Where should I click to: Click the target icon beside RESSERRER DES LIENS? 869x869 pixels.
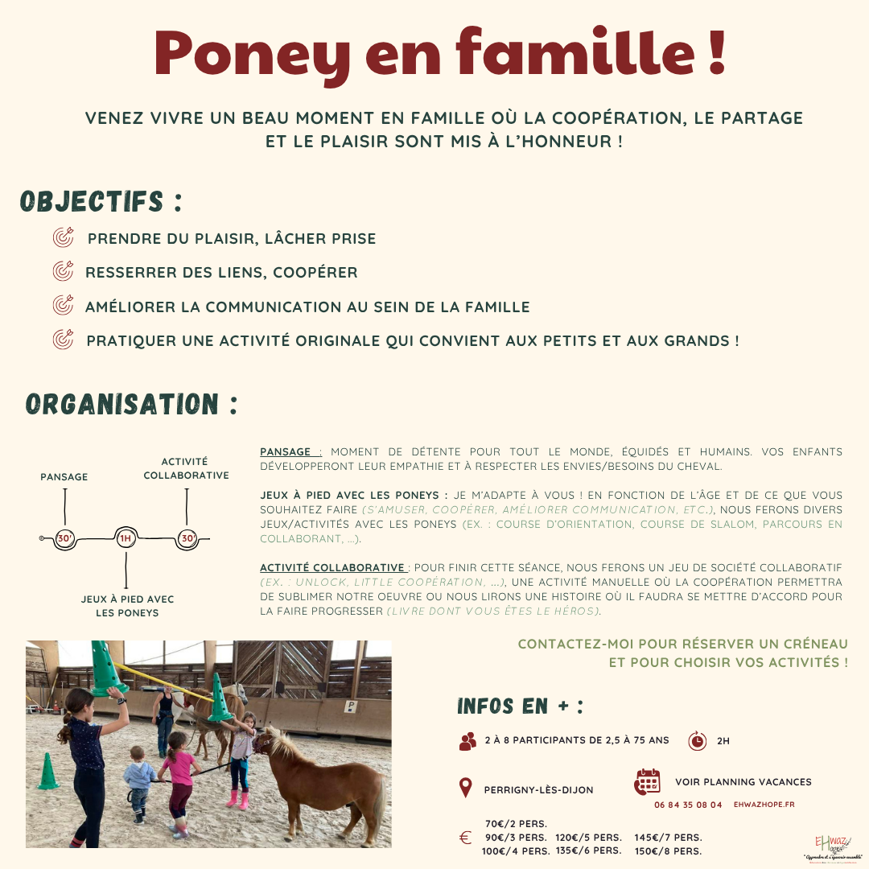63,272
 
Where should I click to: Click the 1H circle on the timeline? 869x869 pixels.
125,539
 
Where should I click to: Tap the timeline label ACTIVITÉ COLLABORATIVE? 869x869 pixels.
186,468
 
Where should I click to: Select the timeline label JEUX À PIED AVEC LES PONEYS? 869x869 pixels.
127,606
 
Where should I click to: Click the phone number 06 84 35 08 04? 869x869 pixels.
688,805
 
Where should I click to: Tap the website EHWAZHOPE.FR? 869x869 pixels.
764,805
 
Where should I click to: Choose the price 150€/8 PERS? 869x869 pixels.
668,851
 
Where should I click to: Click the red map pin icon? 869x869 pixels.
465,788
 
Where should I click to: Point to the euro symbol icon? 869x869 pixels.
465,838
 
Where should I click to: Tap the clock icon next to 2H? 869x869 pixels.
697,740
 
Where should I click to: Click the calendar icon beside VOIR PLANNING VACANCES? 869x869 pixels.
647,781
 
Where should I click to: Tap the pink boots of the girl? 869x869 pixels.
238,801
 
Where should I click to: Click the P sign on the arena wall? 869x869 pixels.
351,706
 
